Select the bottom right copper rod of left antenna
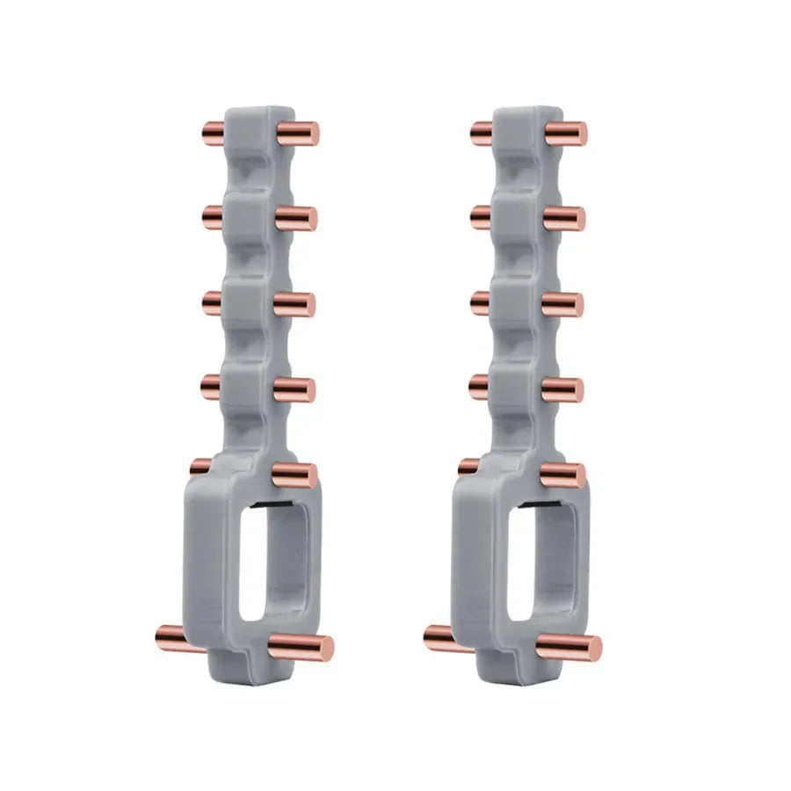[301, 647]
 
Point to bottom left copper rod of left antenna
[171, 636]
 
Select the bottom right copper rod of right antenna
[570, 647]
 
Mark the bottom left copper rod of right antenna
[439, 637]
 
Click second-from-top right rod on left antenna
[296, 219]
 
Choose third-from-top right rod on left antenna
[294, 304]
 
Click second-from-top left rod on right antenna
[479, 216]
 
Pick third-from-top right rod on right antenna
[562, 304]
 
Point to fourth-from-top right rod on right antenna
[562, 389]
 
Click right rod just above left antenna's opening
[294, 475]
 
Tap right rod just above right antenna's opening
[563, 475]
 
